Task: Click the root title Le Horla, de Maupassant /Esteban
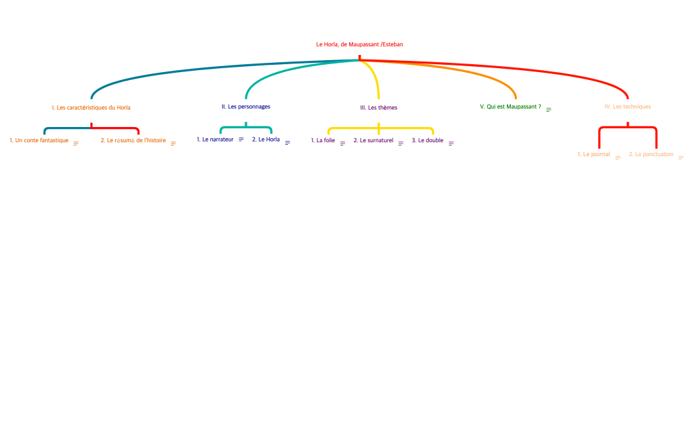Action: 360,44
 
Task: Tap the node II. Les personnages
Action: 246,107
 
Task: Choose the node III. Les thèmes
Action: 379,107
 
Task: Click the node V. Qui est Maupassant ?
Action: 510,107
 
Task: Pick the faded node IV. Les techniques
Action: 627,107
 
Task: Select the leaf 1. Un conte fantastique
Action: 39,140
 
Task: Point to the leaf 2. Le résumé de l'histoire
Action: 134,140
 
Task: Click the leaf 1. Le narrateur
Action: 215,140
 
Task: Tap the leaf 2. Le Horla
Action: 266,140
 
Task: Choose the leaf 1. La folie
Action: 323,140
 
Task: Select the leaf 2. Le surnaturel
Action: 373,140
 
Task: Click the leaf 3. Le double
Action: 428,140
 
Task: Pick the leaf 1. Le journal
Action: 594,154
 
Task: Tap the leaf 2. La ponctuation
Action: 651,154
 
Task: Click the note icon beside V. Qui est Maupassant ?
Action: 549,109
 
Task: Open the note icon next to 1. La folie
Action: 342,143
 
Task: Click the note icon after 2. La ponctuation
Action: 681,157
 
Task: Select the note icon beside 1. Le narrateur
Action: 241,140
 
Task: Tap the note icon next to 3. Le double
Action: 451,143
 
